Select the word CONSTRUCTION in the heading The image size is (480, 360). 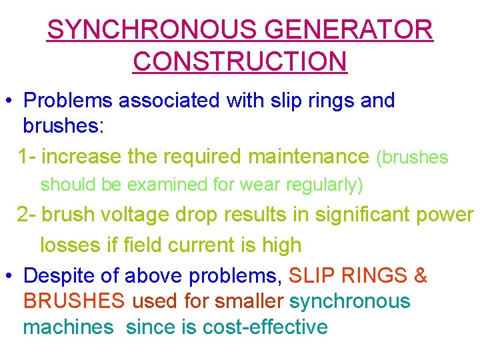click(240, 61)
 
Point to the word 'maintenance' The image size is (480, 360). click(307, 157)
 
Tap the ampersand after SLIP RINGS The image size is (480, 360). click(420, 275)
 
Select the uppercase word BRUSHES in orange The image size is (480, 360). click(74, 301)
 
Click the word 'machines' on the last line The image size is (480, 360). click(68, 327)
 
